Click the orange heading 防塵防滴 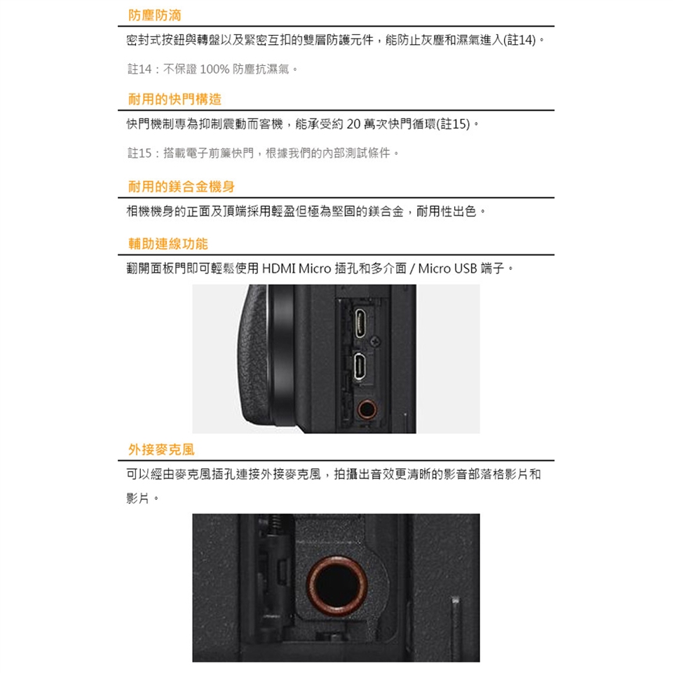(154, 15)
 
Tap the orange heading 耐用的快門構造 (175, 99)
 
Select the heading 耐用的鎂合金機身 (181, 186)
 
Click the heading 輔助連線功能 (168, 244)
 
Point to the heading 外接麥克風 (161, 449)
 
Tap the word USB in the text (465, 268)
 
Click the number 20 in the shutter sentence (353, 124)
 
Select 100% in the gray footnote (215, 69)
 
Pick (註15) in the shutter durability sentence (454, 124)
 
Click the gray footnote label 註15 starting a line (140, 153)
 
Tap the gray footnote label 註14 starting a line (140, 69)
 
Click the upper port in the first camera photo (360, 323)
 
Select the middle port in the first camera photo (360, 366)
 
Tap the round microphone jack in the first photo (367, 409)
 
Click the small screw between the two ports (376, 341)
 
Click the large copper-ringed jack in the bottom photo (336, 586)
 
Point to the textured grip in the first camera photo (253, 356)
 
